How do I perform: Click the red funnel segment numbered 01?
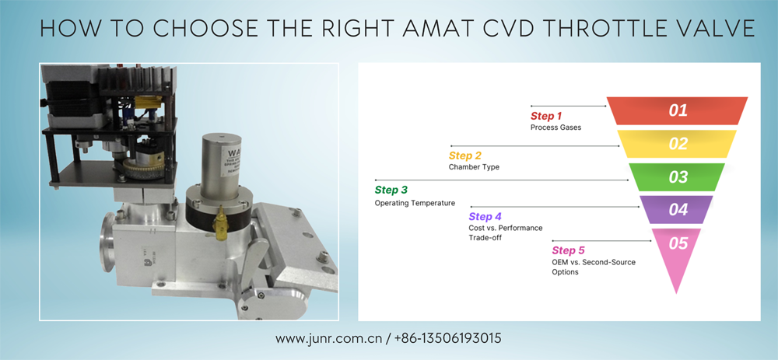pos(678,110)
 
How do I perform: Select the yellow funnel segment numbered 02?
pos(678,144)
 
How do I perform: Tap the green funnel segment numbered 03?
pos(678,177)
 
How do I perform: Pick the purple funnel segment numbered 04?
pos(678,209)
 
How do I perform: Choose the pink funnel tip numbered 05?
pos(678,249)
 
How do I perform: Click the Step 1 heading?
pos(547,116)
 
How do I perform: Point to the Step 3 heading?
pos(391,190)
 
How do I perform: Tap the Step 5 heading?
pos(568,250)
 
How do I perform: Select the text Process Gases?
pos(555,128)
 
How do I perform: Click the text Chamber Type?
pos(474,167)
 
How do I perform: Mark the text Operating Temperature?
pos(415,203)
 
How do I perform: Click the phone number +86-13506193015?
pos(447,338)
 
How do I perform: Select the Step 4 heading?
pos(485,217)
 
